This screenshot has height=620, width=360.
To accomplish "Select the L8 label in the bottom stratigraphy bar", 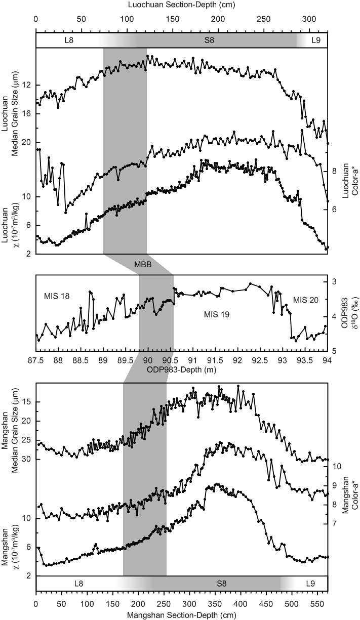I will [x=79, y=584].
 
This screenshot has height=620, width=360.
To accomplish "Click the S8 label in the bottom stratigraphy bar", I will [x=221, y=584].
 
